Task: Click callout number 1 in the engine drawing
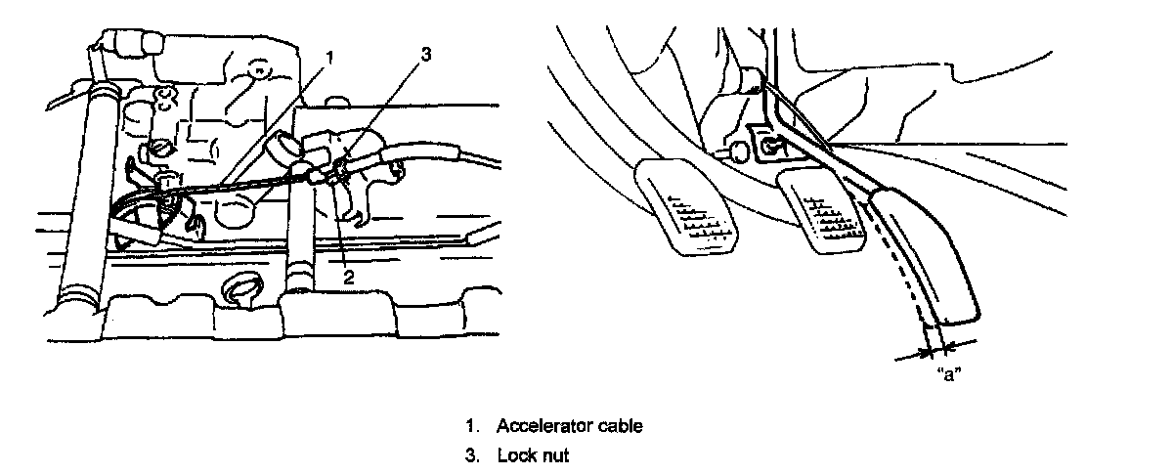tap(329, 57)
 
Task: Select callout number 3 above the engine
tap(425, 55)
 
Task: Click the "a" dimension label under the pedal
tap(946, 373)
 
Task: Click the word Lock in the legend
tap(514, 455)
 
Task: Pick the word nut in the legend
tap(554, 455)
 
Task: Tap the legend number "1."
tap(473, 426)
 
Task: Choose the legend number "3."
tap(473, 455)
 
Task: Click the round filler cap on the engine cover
tap(240, 290)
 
